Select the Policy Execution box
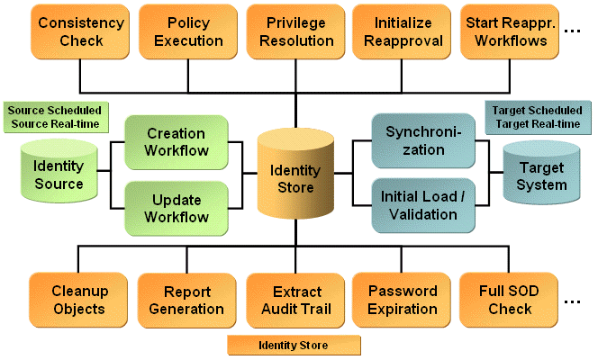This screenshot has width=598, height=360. point(188,31)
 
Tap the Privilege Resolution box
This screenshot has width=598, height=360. point(296,31)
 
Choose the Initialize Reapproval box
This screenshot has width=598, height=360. point(403,31)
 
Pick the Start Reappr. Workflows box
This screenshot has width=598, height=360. point(510,31)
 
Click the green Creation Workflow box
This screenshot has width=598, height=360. point(177,141)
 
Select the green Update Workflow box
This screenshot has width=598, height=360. point(177,208)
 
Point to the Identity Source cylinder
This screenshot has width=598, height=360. point(59,175)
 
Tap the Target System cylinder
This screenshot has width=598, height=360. point(541,175)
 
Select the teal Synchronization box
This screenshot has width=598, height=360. point(423,141)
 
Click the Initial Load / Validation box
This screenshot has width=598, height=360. point(423,206)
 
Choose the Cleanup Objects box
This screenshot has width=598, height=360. point(78,300)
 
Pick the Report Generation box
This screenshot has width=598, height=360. point(187,300)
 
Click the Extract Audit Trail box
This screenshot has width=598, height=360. point(296,300)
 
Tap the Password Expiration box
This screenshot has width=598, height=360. point(403,300)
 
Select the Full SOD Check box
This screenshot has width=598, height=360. point(510,300)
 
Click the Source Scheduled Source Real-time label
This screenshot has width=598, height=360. point(52,116)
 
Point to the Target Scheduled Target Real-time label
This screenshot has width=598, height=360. point(537,116)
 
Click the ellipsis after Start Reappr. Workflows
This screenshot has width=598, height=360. point(572,32)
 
